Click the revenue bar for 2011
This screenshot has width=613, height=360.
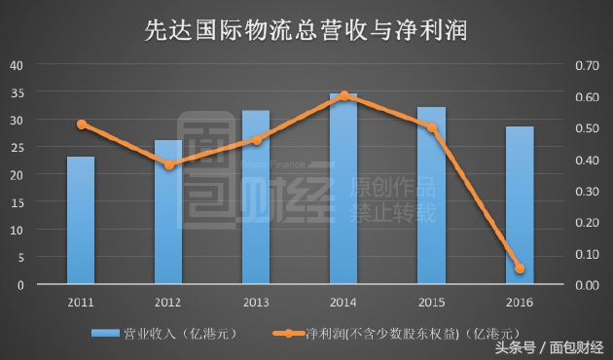81,221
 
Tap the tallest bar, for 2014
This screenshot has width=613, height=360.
343,189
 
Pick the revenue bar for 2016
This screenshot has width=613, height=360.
520,205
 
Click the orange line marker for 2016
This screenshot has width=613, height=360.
520,269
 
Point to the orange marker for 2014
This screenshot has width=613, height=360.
344,95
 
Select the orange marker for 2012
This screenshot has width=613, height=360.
168,165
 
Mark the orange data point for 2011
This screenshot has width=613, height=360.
82,125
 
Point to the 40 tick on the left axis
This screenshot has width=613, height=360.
16,65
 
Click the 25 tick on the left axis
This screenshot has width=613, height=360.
16,148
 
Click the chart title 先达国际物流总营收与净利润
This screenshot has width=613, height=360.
306,30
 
